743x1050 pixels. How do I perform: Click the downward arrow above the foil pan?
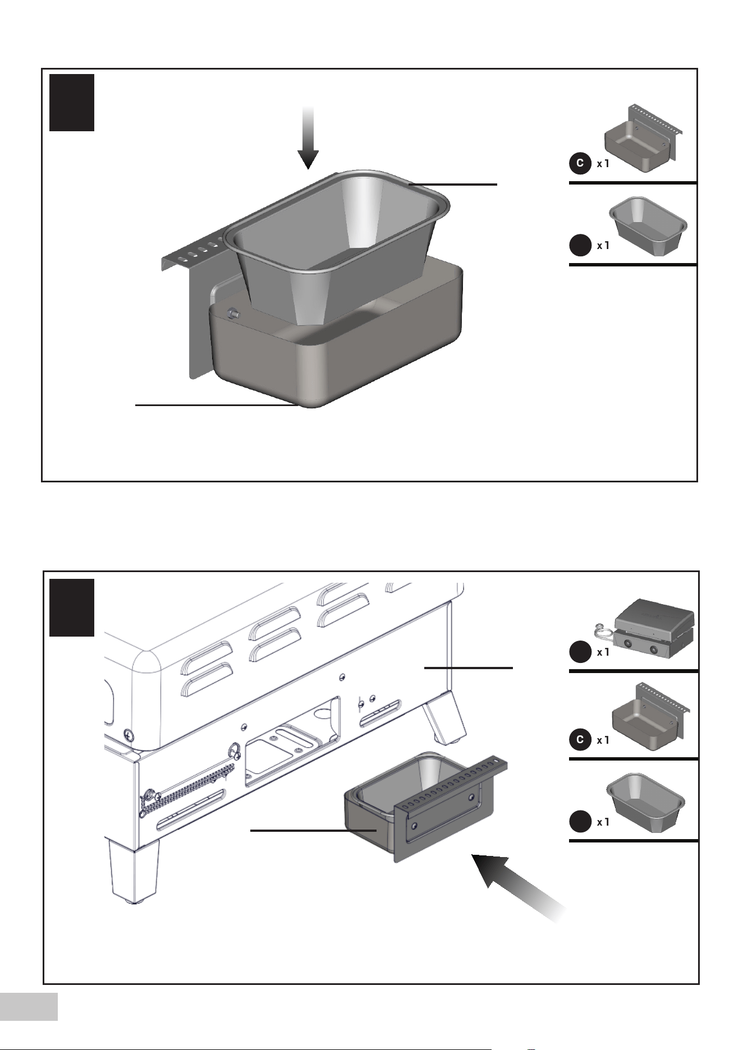coord(308,137)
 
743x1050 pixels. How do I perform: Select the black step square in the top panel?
coord(72,103)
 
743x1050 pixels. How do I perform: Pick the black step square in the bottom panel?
coord(72,607)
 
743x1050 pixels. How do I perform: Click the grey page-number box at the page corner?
coord(29,1006)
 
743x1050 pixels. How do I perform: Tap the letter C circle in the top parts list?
coord(580,164)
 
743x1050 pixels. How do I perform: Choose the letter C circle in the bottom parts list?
coord(580,740)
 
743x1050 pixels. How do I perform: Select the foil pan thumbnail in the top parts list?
coord(649,226)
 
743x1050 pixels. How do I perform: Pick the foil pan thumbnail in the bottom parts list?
coord(645,802)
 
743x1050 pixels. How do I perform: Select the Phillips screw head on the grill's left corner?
coord(129,733)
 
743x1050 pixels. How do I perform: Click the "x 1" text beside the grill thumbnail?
coord(603,652)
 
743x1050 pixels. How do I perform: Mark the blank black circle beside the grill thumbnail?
coord(580,652)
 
